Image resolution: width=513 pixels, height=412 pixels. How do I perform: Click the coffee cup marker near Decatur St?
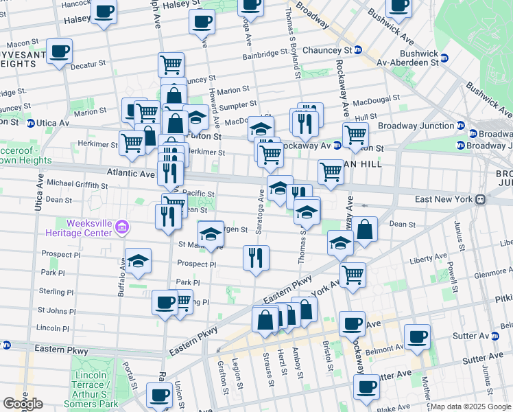pyautogui.click(x=60, y=51)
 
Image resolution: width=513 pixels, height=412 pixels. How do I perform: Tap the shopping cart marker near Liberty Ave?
pyautogui.click(x=353, y=274)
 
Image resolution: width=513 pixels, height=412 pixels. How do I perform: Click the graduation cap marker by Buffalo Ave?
pyautogui.click(x=138, y=261)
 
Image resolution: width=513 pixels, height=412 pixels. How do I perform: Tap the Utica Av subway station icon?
pyautogui.click(x=30, y=123)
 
